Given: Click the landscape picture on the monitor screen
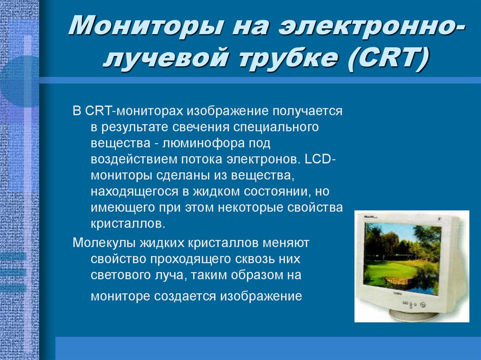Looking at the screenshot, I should click(402, 257).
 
